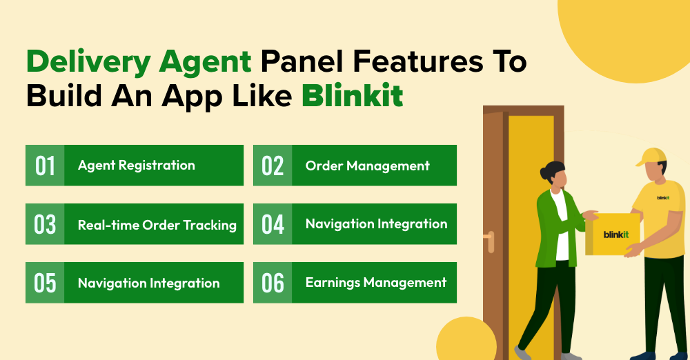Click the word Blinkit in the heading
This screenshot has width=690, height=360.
352,94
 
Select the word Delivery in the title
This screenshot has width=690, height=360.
88,63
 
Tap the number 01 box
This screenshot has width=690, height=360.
45,165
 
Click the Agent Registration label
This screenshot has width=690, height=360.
137,166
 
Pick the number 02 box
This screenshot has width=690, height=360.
273,165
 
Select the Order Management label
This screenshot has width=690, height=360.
368,166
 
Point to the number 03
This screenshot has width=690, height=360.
45,224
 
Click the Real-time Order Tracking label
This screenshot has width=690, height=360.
157,225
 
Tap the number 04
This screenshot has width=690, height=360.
273,224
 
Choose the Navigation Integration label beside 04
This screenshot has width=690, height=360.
376,224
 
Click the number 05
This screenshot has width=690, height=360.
45,283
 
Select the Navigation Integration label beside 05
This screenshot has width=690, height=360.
149,283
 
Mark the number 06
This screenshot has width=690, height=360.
273,283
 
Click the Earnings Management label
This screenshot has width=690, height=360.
376,283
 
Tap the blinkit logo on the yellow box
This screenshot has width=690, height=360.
616,234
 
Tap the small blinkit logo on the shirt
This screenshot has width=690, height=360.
663,198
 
